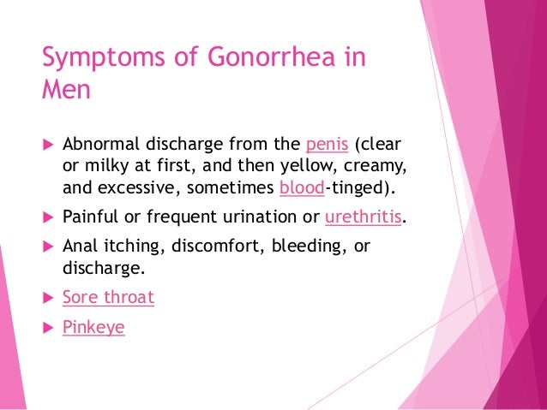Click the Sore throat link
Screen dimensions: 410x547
(108, 299)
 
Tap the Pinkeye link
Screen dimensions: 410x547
(93, 327)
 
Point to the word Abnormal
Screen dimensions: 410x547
(97, 142)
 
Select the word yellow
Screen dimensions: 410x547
(292, 165)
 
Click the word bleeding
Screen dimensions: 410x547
(306, 247)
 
